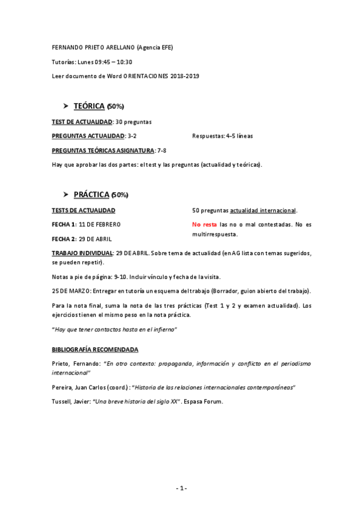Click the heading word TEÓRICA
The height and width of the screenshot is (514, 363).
88,106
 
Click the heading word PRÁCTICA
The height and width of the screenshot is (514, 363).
92,195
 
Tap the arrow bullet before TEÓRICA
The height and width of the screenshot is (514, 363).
67,106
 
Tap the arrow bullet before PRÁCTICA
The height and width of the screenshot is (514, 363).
67,195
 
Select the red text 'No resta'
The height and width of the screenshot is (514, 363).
204,224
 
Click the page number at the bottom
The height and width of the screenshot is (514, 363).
181,489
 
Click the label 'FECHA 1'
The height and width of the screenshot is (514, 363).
64,224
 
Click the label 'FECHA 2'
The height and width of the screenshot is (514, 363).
64,239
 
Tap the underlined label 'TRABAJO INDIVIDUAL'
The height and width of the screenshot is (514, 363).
82,253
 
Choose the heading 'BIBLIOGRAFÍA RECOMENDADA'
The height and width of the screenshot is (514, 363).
95,350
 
